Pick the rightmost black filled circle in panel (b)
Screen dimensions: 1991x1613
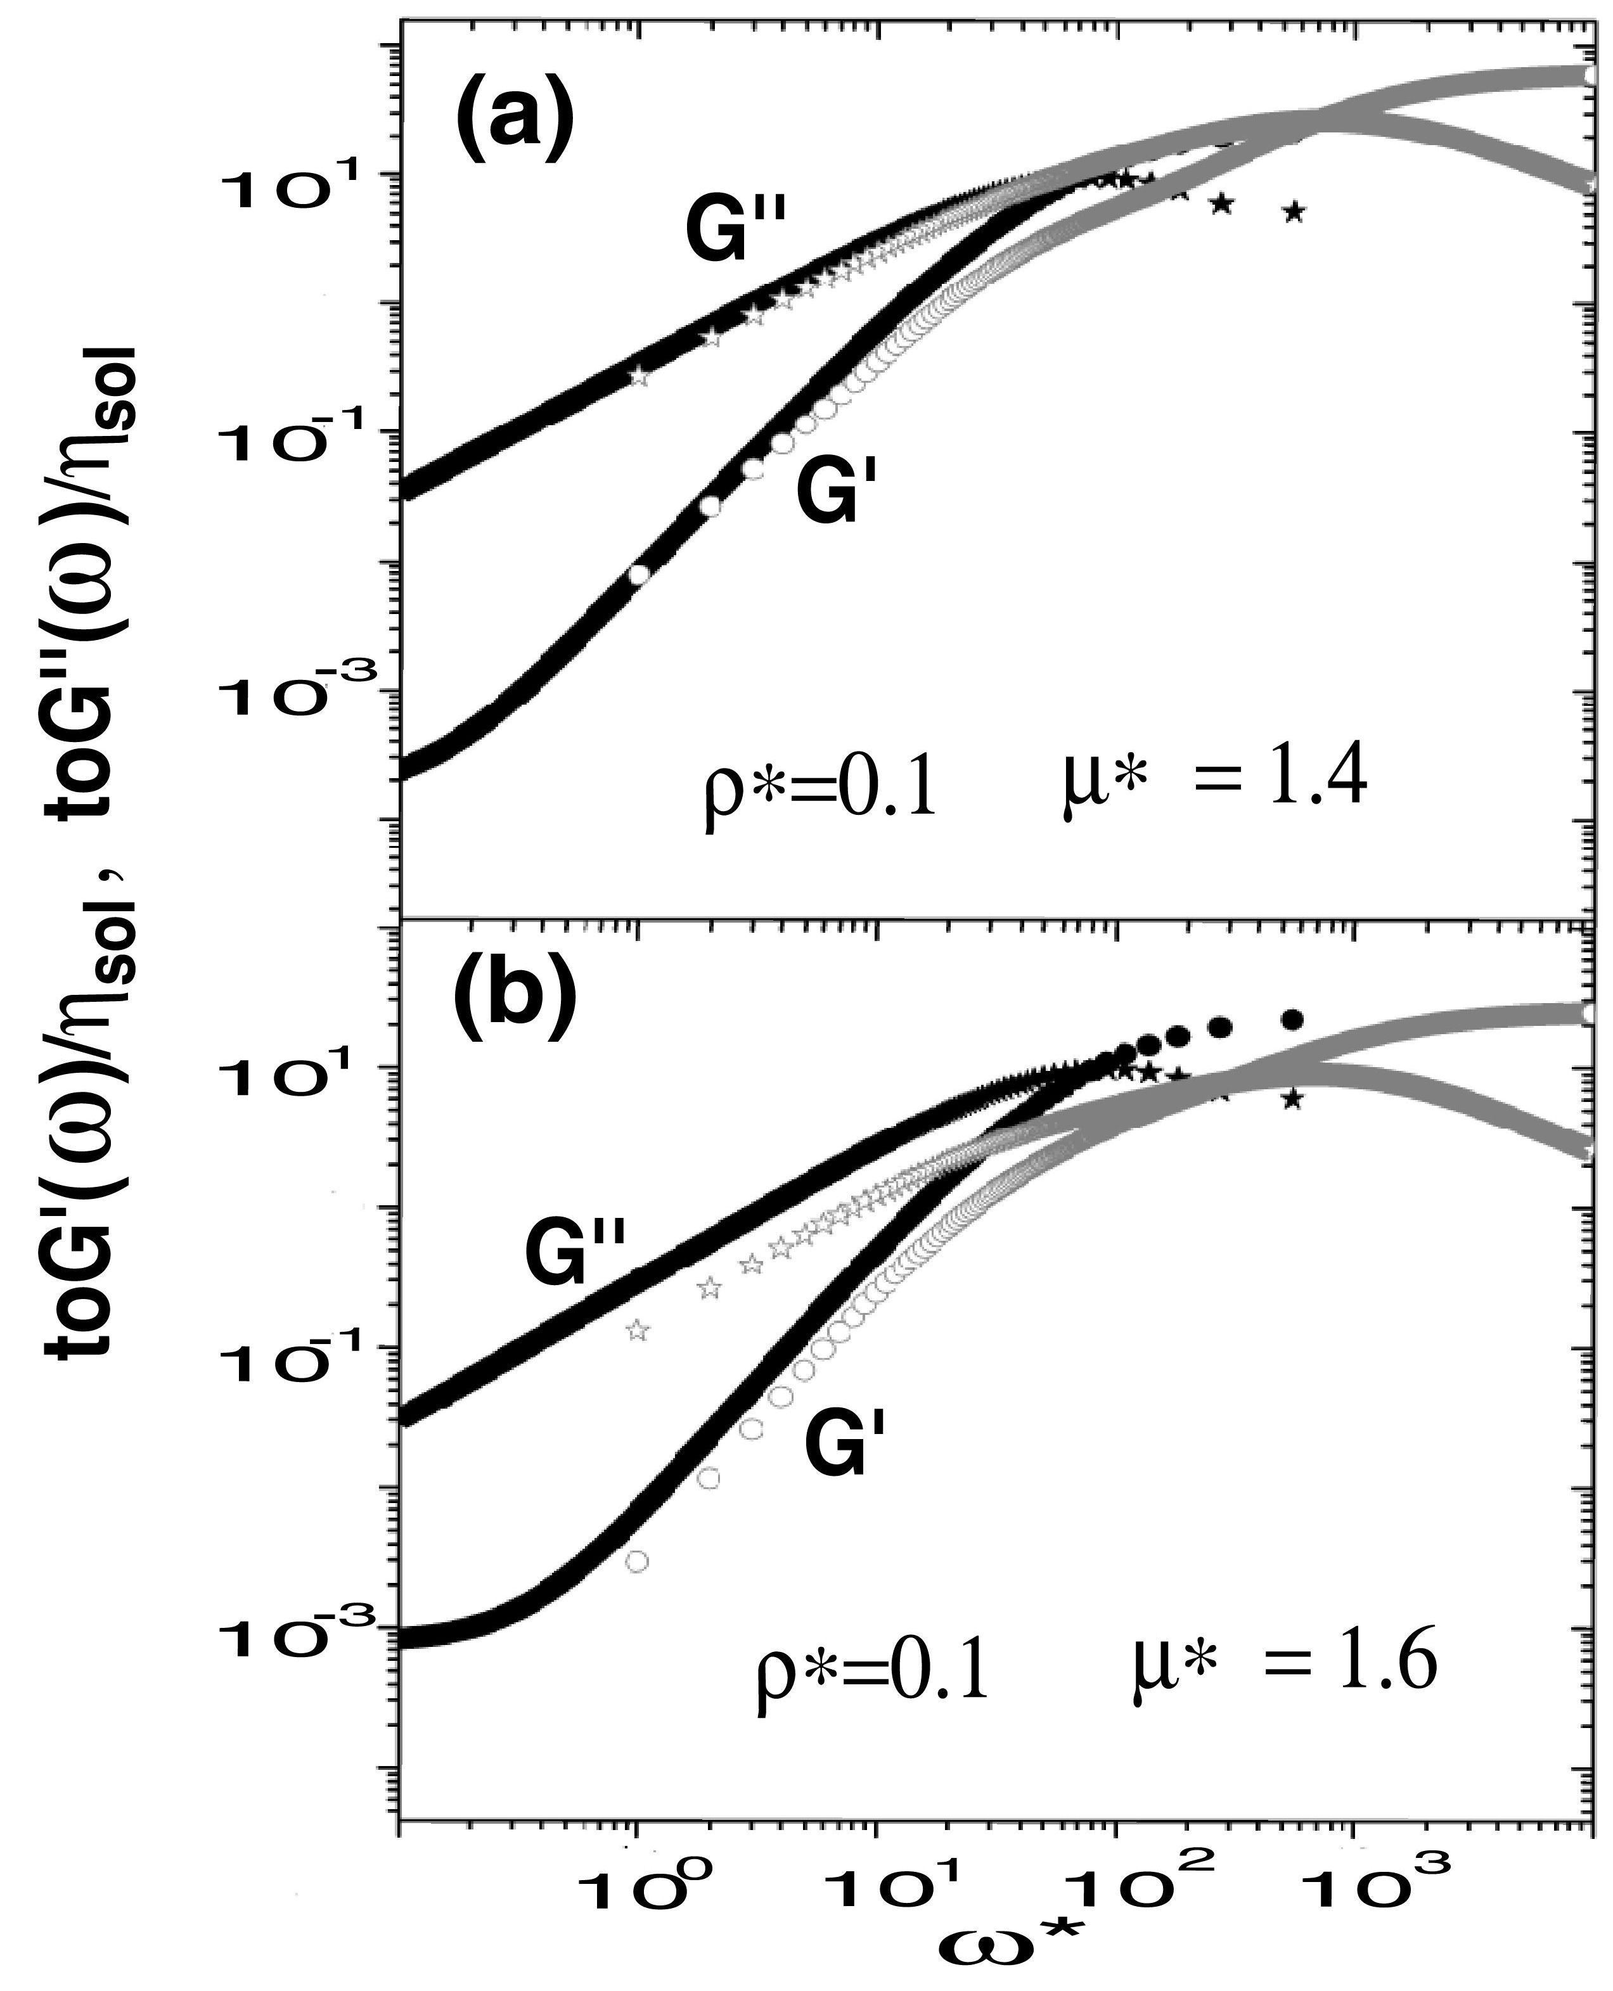coord(1292,1020)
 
